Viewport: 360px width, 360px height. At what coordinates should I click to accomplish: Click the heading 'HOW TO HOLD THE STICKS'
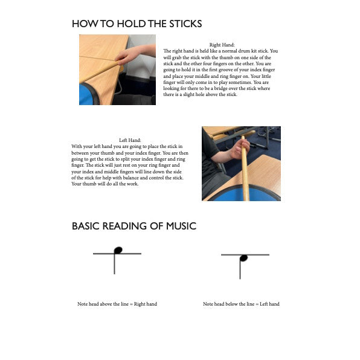click(x=137, y=24)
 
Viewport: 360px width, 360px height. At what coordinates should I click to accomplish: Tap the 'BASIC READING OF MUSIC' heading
click(x=134, y=226)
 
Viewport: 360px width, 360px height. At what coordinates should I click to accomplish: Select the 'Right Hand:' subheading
click(x=222, y=45)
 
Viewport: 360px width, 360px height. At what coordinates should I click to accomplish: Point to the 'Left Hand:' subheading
click(x=130, y=140)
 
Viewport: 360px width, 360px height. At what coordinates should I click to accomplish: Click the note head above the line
click(x=118, y=250)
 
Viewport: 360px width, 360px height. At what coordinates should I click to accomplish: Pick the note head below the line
click(x=243, y=259)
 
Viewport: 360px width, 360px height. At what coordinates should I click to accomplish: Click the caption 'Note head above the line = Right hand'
click(x=117, y=304)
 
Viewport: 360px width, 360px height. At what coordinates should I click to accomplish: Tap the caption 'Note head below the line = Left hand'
click(x=241, y=304)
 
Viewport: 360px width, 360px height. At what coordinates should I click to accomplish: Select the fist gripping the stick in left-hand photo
click(x=240, y=149)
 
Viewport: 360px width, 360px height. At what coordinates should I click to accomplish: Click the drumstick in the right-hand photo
click(x=101, y=72)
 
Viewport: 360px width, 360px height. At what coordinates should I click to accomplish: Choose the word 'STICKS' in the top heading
click(x=185, y=24)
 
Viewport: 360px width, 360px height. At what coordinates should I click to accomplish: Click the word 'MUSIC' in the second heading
click(x=181, y=226)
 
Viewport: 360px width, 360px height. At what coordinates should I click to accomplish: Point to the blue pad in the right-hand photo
click(x=88, y=94)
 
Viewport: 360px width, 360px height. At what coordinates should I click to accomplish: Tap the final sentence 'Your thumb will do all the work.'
click(x=105, y=184)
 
